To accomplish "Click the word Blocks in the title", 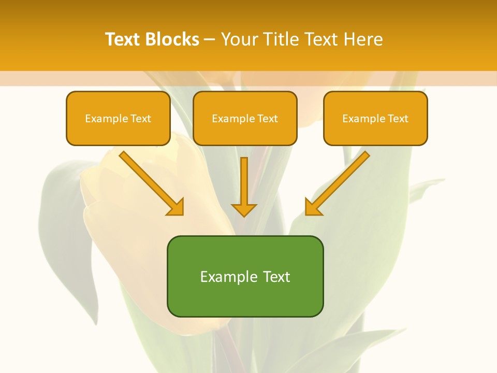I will click(x=173, y=39).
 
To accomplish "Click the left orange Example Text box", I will click(x=118, y=119).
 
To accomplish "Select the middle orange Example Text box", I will click(x=245, y=119).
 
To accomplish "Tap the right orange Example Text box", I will click(x=375, y=119).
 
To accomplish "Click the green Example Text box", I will click(x=245, y=276).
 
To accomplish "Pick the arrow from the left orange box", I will click(x=150, y=182).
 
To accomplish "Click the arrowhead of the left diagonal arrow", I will click(x=176, y=207).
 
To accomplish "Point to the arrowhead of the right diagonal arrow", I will click(x=312, y=207).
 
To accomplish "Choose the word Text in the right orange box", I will click(x=398, y=119).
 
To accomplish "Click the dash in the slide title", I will click(x=210, y=39).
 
